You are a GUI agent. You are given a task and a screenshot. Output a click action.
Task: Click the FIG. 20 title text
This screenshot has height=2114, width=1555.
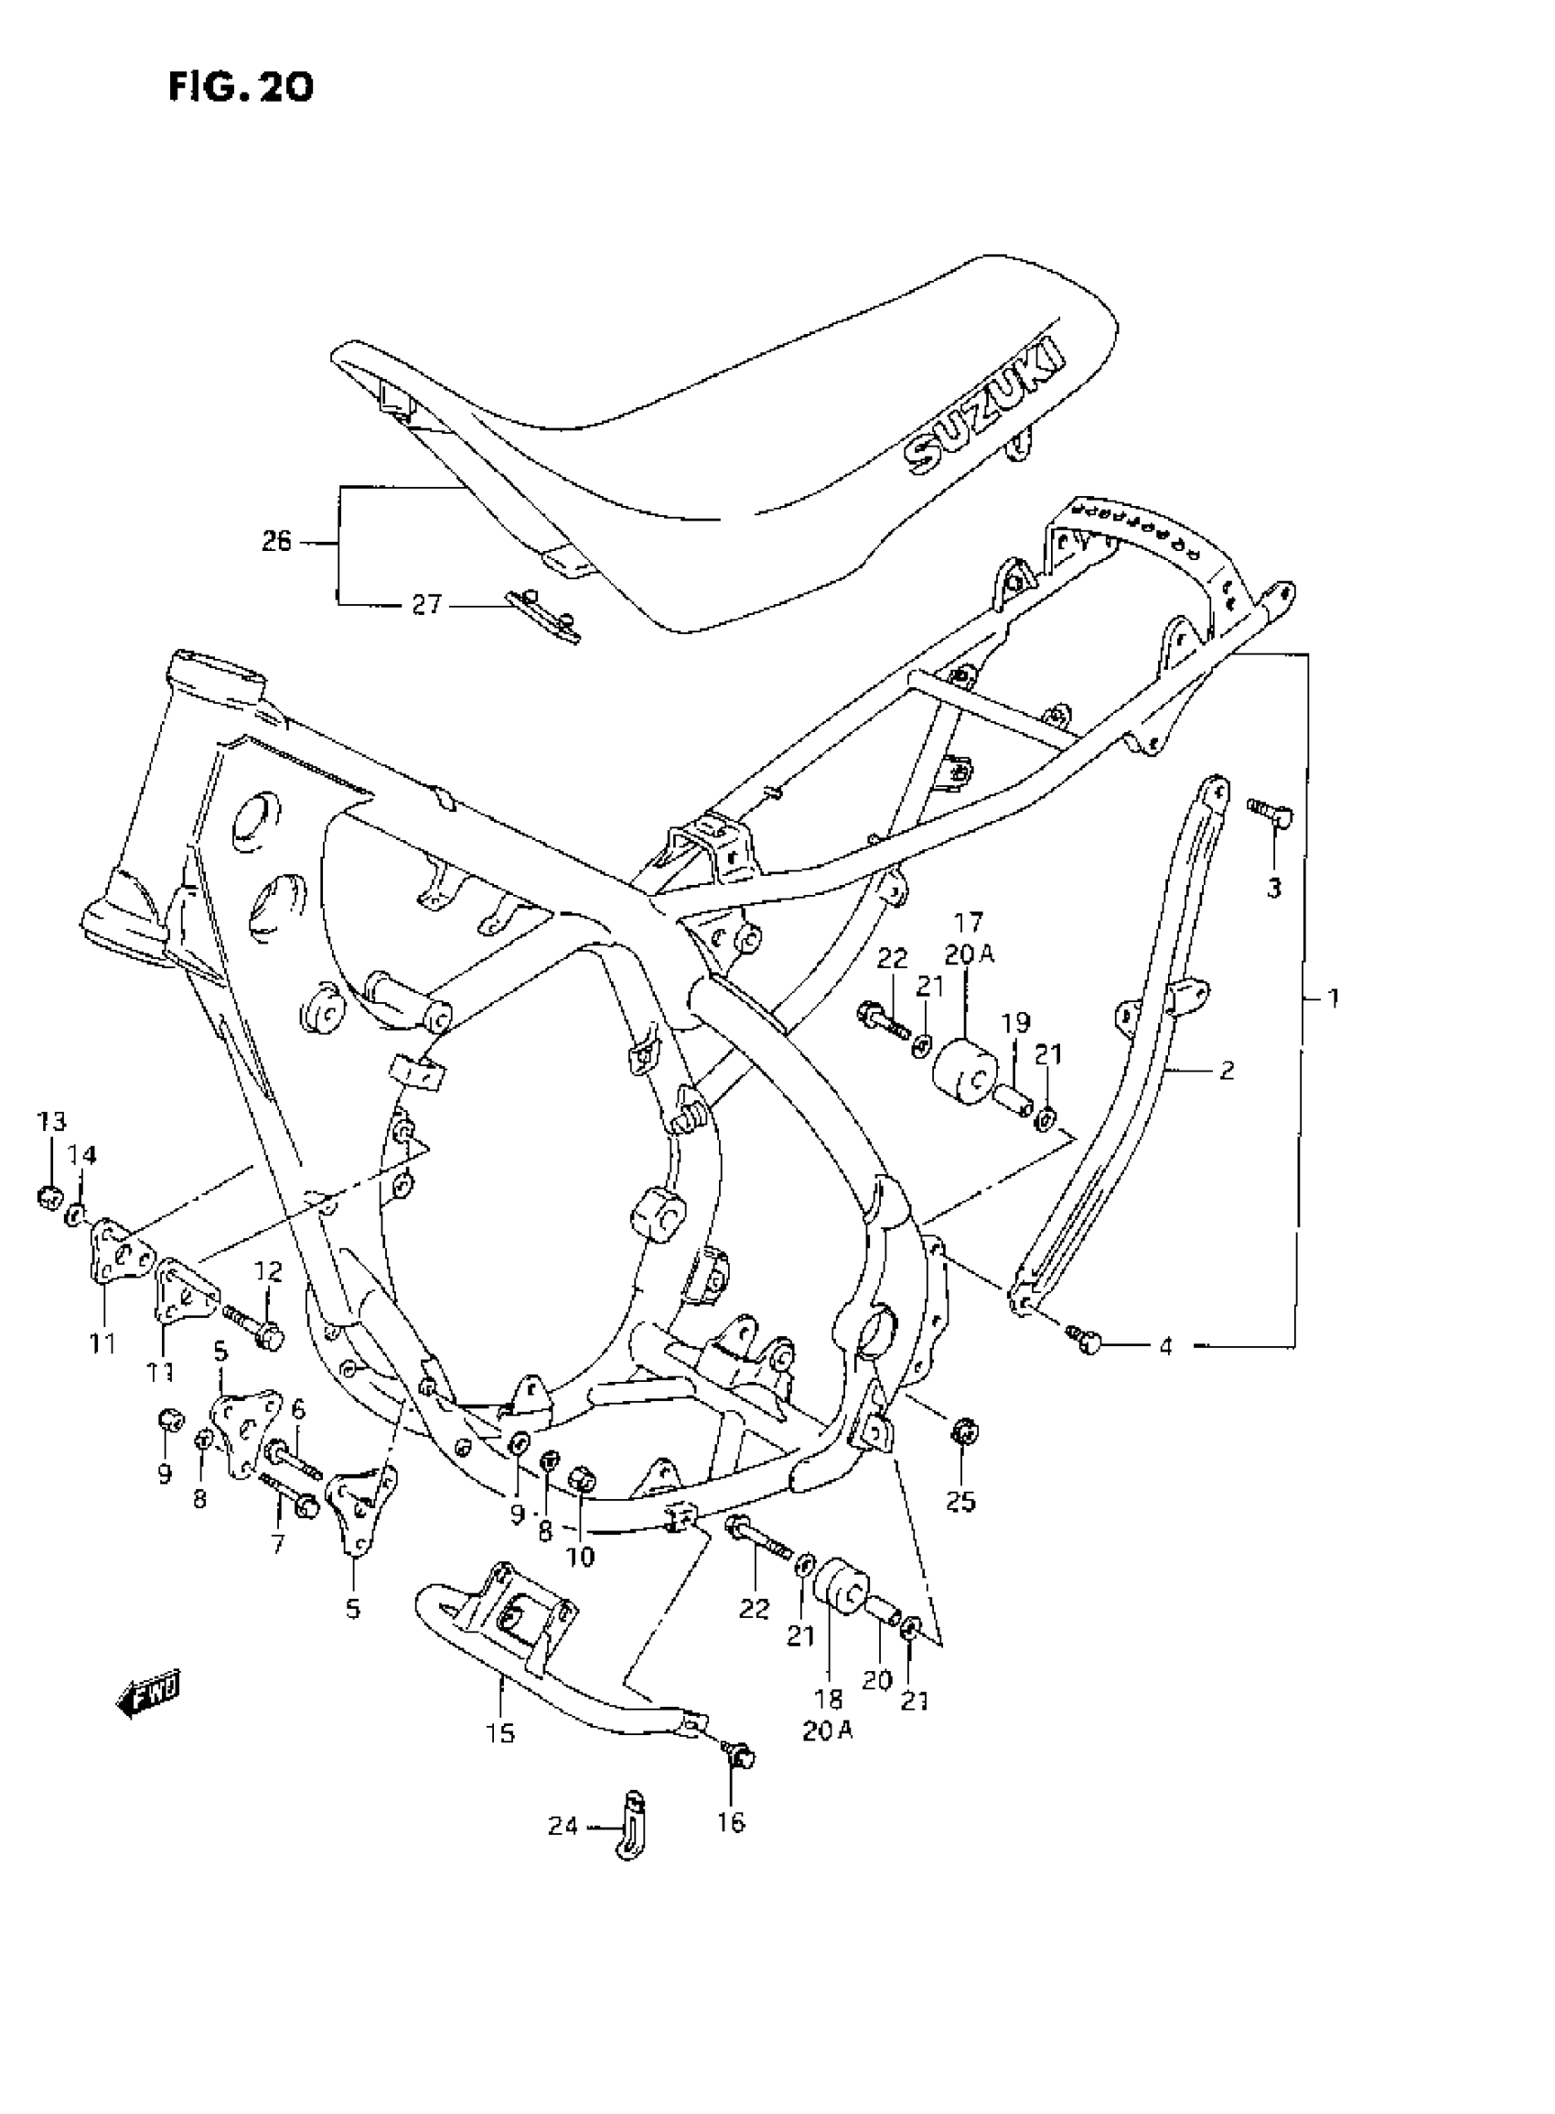click(x=240, y=88)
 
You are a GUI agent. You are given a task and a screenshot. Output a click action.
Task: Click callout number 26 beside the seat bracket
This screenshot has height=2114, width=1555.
click(x=276, y=543)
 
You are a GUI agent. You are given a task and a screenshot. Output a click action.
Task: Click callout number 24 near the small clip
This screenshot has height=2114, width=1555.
click(x=563, y=1827)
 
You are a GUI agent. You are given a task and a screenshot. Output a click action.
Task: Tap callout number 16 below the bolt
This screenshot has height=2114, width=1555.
click(x=731, y=1822)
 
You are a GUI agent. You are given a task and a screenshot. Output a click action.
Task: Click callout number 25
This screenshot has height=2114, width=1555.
click(x=961, y=1501)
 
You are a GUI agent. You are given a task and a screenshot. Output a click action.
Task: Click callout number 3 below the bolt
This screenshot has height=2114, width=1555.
click(x=1273, y=887)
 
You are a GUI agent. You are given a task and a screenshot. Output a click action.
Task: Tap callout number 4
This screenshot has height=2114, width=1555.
click(x=1165, y=1346)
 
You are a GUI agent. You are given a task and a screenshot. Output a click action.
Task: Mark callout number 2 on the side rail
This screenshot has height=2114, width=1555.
click(x=1226, y=1070)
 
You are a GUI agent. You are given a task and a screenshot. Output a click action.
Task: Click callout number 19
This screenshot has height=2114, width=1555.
click(x=1015, y=1021)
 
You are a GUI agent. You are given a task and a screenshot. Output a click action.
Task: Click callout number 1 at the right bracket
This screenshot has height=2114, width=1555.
click(x=1332, y=998)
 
